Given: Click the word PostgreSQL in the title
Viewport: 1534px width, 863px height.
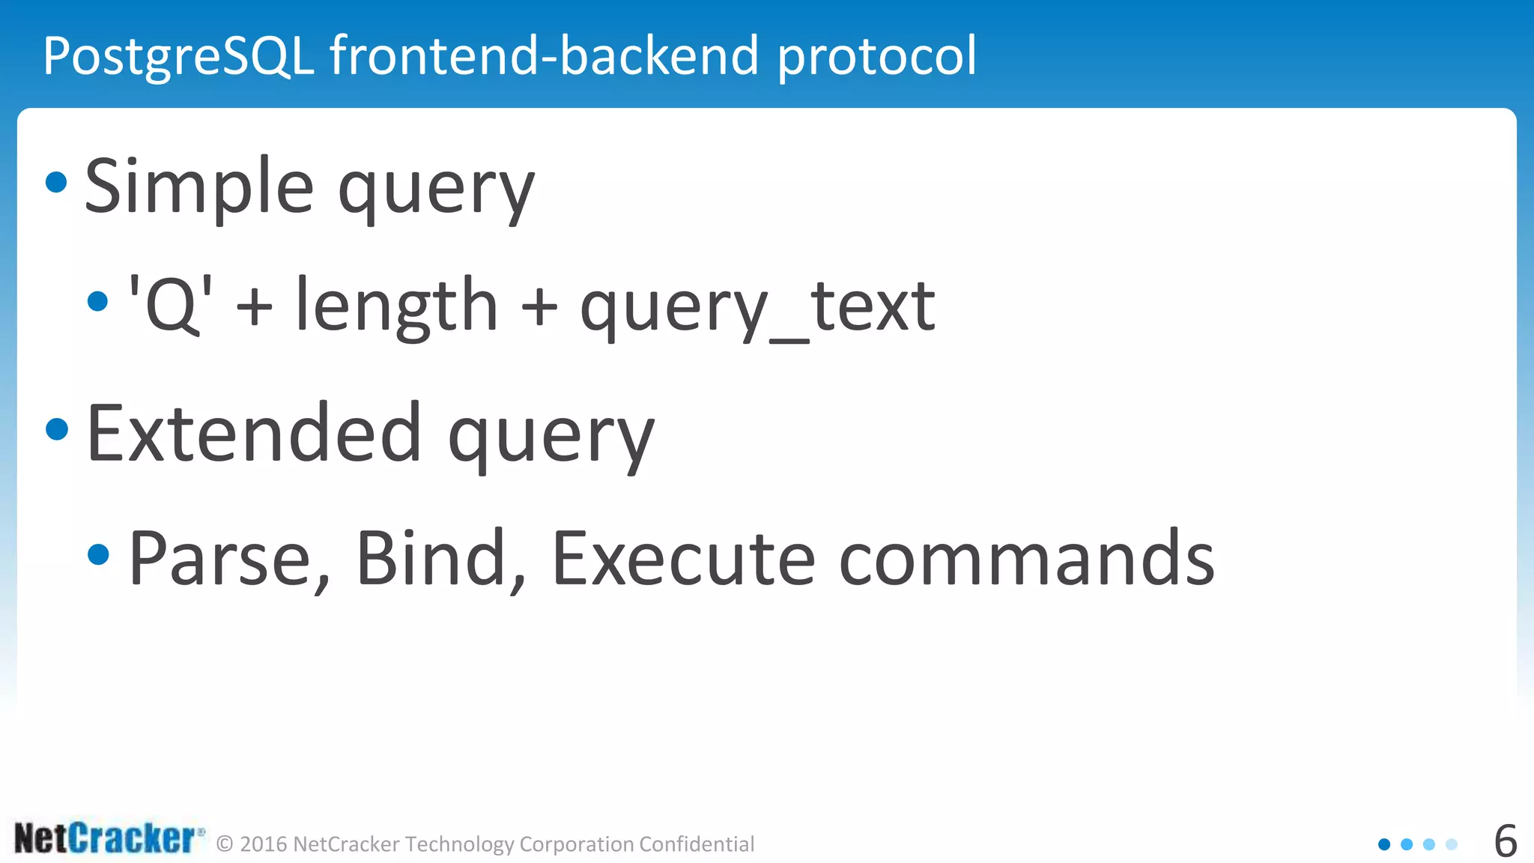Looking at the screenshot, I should pos(178,56).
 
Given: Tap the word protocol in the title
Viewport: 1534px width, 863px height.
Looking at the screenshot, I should pos(876,56).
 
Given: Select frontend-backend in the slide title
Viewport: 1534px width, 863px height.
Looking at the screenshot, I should pos(545,56).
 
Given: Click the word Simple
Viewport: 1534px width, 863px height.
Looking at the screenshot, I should pos(198,187).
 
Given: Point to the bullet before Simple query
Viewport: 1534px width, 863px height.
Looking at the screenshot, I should pos(56,182).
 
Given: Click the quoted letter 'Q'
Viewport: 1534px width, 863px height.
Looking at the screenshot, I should pos(171,305).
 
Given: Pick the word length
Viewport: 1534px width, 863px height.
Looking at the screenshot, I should pos(396,305).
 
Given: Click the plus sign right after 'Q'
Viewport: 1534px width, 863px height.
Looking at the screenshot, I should pos(254,307).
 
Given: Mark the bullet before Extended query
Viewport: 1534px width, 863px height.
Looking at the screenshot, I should pos(57,429).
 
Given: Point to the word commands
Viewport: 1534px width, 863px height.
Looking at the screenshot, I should pos(1026,559).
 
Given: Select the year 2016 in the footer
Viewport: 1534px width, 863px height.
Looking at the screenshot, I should pos(264,844).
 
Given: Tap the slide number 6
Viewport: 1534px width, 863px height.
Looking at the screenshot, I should pos(1505,841).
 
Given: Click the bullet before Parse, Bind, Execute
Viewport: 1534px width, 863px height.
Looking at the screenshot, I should pos(98,555).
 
